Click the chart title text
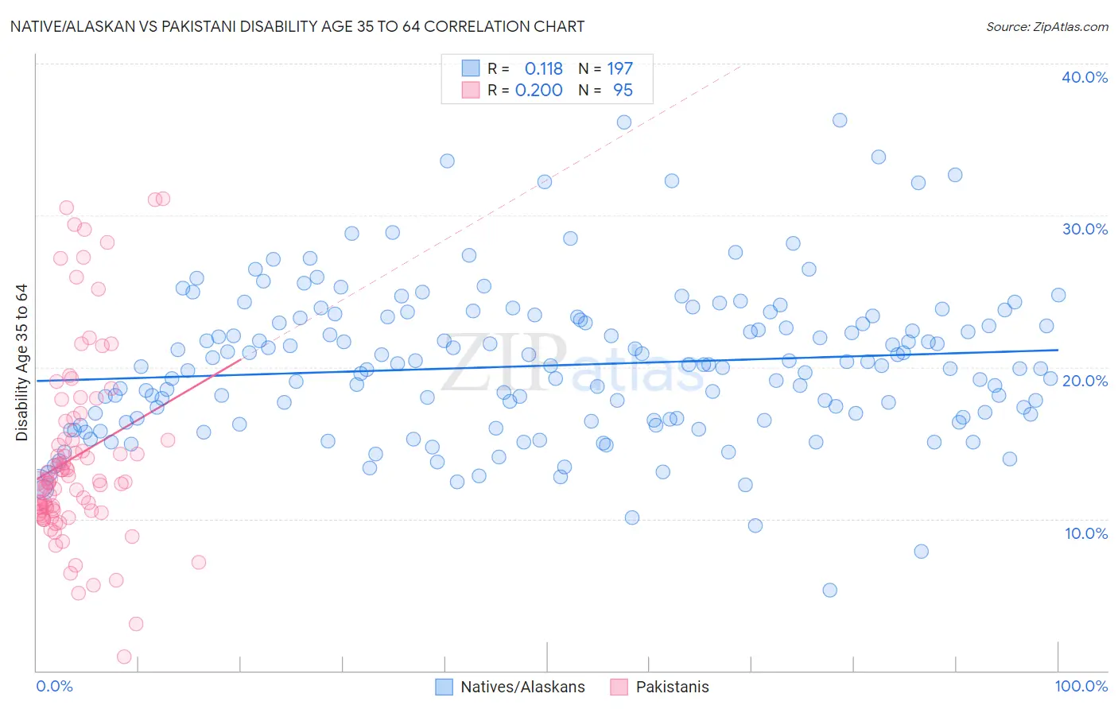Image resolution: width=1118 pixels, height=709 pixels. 297,26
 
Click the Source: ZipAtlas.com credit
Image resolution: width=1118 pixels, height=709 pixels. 1046,26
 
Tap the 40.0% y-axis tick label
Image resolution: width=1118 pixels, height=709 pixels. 1084,77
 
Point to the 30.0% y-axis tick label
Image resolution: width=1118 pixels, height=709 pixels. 1084,229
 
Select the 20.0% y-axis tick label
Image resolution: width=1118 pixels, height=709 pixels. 1084,381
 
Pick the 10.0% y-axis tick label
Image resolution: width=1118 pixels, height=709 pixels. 1085,533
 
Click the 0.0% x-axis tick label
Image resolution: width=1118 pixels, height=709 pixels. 54,686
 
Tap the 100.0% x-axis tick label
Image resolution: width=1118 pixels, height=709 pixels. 1081,686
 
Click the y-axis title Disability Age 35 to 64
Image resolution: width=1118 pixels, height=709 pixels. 21,362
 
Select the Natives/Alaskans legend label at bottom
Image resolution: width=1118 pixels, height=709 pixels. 522,687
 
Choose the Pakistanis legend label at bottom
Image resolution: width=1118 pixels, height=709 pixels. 672,687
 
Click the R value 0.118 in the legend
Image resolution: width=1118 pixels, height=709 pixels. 543,69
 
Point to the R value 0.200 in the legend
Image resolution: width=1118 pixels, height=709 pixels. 538,91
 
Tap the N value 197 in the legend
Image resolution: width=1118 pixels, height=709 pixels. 619,69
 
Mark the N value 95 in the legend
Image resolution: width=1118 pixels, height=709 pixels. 623,91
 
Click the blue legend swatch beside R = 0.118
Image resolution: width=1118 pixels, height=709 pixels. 471,69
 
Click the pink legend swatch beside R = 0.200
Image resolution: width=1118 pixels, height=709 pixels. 471,91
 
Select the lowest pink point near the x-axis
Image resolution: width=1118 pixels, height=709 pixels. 124,657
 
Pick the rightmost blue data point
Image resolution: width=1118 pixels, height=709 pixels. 1058,295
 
